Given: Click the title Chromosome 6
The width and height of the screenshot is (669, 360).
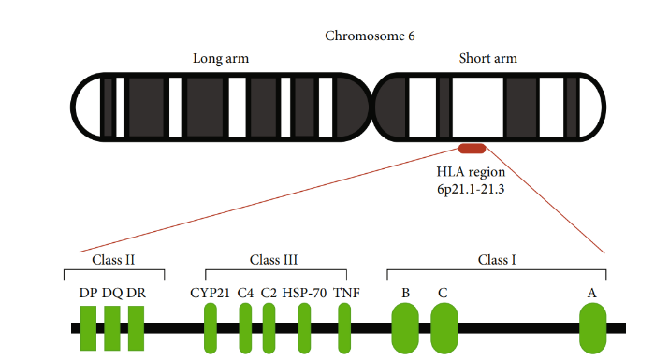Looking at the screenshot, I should [x=370, y=36].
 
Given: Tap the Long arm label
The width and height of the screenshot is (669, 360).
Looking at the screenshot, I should [x=221, y=59].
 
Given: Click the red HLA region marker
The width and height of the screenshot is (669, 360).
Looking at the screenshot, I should [x=471, y=148].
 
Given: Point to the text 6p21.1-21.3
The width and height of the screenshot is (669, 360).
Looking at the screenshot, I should [x=471, y=190].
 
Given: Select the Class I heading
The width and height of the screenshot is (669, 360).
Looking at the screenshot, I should [x=496, y=259].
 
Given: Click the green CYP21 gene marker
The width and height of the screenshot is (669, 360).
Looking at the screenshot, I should [x=211, y=328].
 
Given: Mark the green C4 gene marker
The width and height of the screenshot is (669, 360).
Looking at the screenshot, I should [x=245, y=328].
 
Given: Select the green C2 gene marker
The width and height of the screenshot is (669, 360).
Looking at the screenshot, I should [x=269, y=328].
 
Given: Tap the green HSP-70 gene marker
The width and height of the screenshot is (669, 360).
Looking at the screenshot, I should [x=304, y=328].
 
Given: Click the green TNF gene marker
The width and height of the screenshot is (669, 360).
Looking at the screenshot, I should [x=344, y=328].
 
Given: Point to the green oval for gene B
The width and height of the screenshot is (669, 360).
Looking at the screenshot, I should [x=405, y=328].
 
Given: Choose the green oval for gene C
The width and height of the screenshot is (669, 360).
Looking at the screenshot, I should [x=444, y=328].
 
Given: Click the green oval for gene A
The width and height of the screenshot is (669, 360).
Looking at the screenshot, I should [x=593, y=328].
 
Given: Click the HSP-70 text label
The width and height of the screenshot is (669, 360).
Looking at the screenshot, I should [x=304, y=293].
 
